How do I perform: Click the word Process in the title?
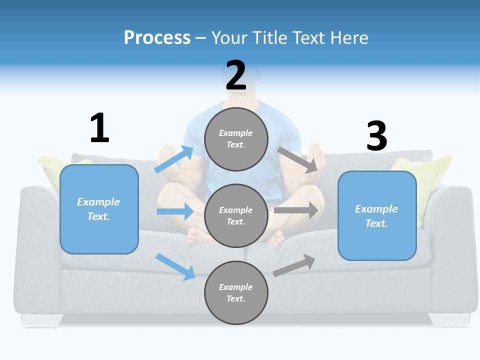coord(157,38)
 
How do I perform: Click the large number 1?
coord(99,128)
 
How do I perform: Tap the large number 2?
coord(236,75)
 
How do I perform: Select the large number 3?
coord(376,136)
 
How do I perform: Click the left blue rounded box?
coord(99,209)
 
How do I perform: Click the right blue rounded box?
coord(377,215)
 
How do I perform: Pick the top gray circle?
coord(236,139)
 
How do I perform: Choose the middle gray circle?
coord(236,215)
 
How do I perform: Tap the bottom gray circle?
coord(236,292)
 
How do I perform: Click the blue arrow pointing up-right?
coord(174,159)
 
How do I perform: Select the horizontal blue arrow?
coord(175,211)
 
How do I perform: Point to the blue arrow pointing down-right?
coord(175,266)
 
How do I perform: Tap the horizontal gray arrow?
coord(295,210)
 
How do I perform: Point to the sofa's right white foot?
coord(449,319)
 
